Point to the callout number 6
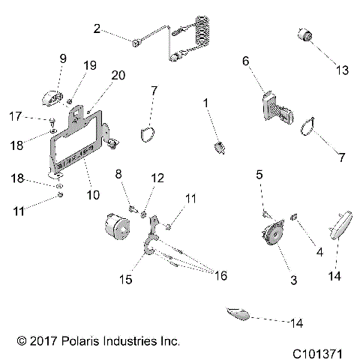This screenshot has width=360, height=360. tap(244, 64)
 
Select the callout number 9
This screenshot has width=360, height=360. tap(63, 58)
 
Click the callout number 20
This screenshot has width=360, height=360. tap(118, 75)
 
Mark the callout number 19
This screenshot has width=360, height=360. tap(89, 65)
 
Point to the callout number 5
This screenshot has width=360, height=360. tap(259, 175)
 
